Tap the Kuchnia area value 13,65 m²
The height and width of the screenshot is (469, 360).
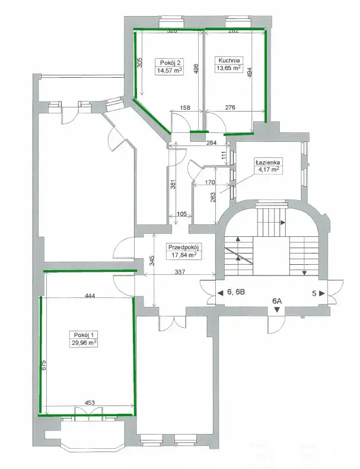228,68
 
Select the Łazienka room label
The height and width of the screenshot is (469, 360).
267,163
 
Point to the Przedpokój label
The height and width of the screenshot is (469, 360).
183,248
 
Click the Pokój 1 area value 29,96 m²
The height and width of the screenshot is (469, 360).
84,343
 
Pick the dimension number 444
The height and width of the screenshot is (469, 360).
90,296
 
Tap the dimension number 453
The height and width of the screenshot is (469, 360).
90,403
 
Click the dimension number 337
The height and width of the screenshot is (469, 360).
180,272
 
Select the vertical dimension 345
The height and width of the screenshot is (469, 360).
152,261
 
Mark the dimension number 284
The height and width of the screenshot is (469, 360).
212,142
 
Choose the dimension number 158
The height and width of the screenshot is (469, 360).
185,107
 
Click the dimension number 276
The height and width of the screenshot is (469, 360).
230,107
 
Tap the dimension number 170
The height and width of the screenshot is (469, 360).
210,182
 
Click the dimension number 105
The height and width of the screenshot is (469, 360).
181,214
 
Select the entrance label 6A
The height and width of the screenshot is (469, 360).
277,301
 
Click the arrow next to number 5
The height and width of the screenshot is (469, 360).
322,293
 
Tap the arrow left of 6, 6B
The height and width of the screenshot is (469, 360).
220,293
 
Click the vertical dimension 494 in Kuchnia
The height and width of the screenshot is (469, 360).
250,72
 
